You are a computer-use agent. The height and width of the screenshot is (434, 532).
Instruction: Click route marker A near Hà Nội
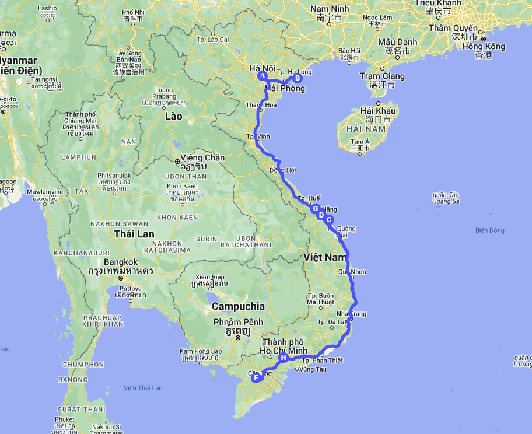262,76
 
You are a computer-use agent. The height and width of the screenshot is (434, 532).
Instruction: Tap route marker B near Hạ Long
297,78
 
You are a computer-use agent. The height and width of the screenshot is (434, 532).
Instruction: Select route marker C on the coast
329,220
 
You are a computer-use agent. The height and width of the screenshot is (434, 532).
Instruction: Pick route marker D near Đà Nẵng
321,215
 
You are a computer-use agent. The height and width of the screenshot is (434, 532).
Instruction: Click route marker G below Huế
315,209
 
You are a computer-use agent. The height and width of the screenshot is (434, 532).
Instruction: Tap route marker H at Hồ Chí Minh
283,357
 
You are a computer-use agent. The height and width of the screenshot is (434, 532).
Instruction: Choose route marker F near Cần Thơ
255,378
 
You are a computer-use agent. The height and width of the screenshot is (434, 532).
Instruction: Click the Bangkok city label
120,262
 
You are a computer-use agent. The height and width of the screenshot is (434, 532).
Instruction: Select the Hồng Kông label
484,47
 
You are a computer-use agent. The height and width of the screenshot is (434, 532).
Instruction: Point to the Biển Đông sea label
489,230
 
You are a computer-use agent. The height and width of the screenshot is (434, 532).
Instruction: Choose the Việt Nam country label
325,257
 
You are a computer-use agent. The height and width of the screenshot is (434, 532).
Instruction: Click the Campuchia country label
238,306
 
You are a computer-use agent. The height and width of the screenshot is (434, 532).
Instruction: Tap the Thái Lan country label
134,234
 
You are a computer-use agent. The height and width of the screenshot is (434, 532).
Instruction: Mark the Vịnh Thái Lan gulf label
143,388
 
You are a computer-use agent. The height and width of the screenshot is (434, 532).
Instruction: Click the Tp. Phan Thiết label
321,360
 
